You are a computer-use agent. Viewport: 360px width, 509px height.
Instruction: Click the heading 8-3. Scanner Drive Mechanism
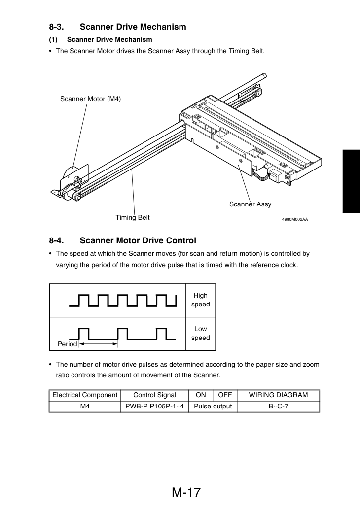tap(118, 27)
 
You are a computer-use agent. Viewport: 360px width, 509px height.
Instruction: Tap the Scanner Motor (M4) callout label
tap(90, 99)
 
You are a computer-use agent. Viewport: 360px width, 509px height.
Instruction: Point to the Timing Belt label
tap(133, 217)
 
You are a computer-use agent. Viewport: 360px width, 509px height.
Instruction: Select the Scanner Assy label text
tap(250, 204)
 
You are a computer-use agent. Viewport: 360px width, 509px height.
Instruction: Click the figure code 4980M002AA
tap(295, 219)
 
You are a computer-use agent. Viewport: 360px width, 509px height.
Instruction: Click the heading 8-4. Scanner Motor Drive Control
tap(122, 240)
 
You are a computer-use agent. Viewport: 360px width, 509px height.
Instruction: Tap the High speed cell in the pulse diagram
tap(201, 300)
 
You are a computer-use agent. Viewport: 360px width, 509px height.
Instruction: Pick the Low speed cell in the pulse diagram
tap(201, 334)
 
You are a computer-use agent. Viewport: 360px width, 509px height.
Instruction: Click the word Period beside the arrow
tap(67, 344)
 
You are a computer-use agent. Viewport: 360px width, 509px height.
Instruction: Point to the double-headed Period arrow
tap(99, 344)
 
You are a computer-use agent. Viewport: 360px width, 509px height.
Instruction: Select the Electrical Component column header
tap(85, 395)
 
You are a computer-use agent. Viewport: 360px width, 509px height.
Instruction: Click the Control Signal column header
tap(155, 395)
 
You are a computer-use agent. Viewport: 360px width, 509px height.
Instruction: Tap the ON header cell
tap(201, 395)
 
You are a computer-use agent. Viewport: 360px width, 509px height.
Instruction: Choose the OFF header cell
tap(225, 395)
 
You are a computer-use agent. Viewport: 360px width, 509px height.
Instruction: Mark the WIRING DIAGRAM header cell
tap(279, 395)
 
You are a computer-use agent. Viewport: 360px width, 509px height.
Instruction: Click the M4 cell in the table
tap(85, 407)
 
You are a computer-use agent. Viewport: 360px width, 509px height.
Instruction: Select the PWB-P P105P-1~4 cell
tap(155, 407)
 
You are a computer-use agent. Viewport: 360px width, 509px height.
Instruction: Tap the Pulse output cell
tap(213, 407)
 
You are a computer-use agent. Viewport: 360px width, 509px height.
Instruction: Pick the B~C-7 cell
tap(279, 407)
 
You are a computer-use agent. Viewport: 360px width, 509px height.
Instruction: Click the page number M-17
tap(186, 492)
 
